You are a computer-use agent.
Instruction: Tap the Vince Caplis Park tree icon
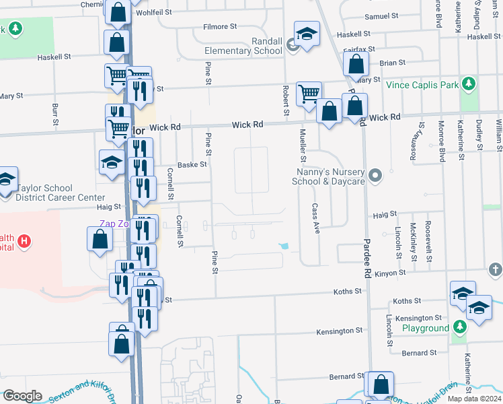[469, 85]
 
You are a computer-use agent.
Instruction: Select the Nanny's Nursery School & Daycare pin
[375, 176]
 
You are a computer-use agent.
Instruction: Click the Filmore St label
[221, 27]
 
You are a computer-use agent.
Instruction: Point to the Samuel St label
[382, 16]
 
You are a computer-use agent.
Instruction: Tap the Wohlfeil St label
[154, 12]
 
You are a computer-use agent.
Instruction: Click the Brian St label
[392, 63]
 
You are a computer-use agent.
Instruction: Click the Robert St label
[286, 96]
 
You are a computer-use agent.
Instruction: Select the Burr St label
[54, 114]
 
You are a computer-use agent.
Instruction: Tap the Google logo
[22, 396]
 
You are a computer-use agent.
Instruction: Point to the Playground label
[426, 328]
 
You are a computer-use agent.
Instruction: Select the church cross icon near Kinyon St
[494, 270]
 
